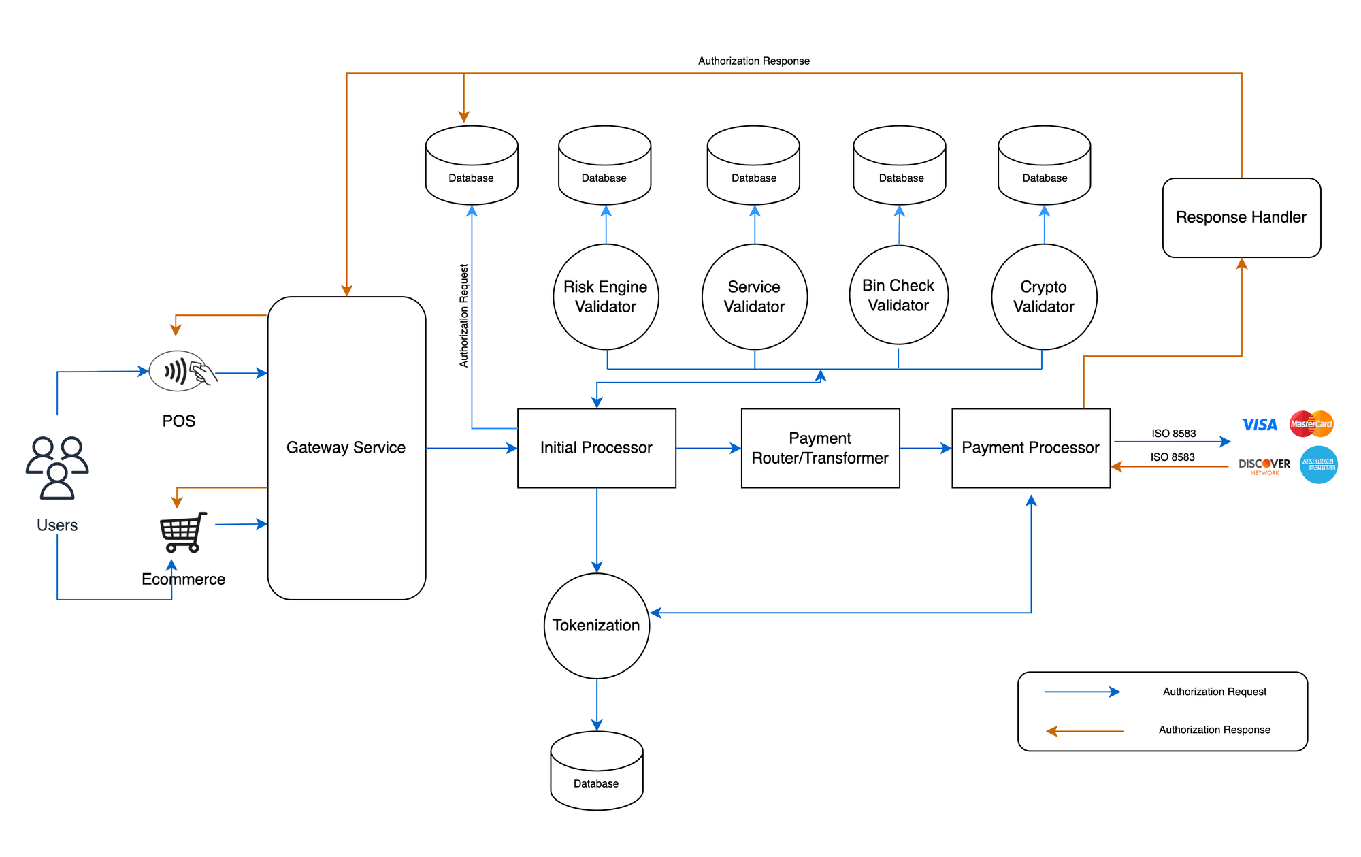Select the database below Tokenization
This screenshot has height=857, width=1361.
click(x=597, y=771)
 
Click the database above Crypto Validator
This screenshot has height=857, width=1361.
click(x=1044, y=165)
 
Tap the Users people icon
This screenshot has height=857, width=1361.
click(x=57, y=468)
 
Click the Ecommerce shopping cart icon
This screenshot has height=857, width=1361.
click(x=183, y=532)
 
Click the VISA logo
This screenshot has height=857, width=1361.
click(x=1259, y=425)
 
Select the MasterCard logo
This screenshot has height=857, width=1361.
click(x=1311, y=423)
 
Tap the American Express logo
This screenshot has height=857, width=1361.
click(x=1319, y=465)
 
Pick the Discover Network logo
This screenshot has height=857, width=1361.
click(x=1264, y=466)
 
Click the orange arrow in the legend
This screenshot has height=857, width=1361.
click(x=1085, y=731)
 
